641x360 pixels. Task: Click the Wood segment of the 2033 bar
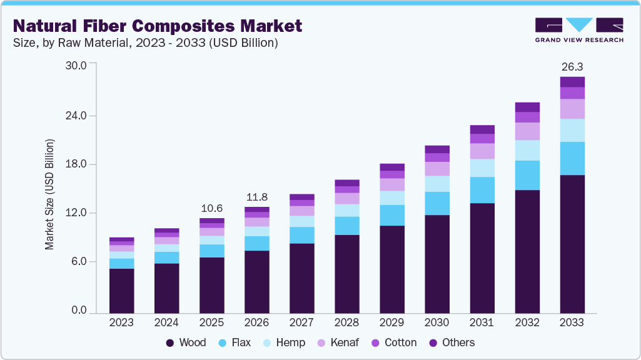(x=572, y=244)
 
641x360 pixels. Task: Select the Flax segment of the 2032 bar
(x=527, y=175)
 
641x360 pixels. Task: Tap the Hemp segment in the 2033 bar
(x=572, y=130)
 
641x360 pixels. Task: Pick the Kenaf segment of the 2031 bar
(x=482, y=151)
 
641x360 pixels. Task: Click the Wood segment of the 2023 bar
(x=121, y=291)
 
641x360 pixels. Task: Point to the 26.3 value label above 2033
(x=572, y=67)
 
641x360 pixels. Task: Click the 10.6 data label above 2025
(x=211, y=208)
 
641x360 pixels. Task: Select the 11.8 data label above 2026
(x=256, y=197)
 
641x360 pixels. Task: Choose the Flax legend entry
(x=236, y=342)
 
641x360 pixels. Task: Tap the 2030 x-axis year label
(x=437, y=322)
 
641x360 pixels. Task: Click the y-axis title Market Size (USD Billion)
(x=49, y=194)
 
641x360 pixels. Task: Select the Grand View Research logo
(x=578, y=29)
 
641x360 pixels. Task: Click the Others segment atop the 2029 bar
(x=391, y=167)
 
